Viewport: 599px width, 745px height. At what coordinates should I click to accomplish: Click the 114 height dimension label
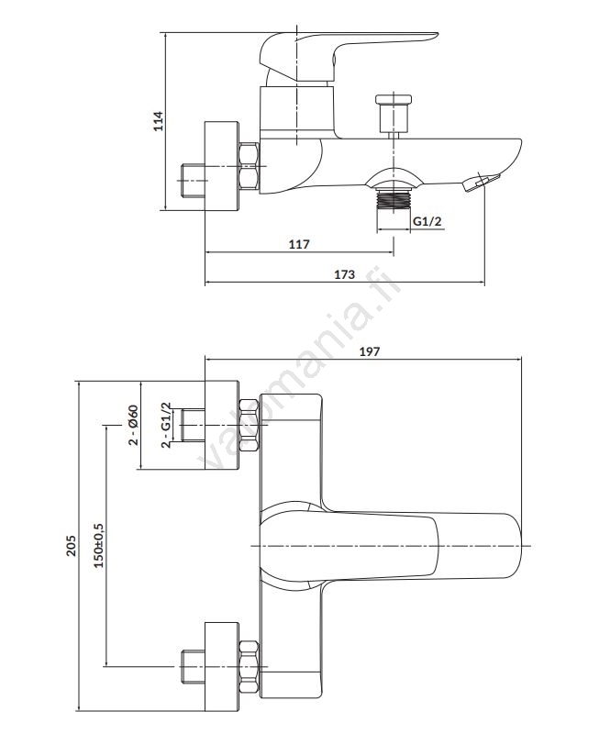(158, 121)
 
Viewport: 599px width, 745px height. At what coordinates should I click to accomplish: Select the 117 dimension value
(299, 244)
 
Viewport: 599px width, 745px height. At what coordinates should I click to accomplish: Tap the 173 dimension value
(344, 274)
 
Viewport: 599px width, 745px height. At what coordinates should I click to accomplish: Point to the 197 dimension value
(370, 350)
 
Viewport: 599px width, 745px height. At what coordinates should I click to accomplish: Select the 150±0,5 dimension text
(99, 545)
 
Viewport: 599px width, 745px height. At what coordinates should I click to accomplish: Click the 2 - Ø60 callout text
(134, 425)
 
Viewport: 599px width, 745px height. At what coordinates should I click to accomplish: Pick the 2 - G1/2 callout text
(166, 425)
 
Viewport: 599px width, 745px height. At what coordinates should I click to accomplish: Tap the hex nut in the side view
(249, 167)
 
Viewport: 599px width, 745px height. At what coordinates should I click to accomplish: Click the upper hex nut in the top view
(249, 425)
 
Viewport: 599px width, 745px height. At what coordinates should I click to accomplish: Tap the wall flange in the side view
(220, 167)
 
